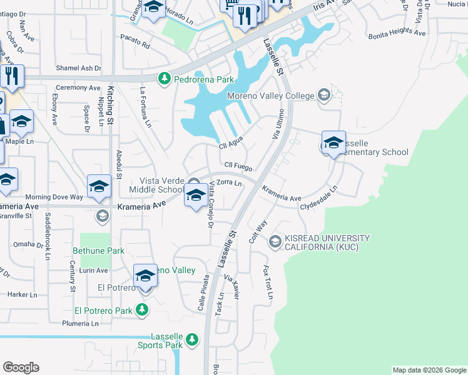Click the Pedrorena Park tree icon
tap(165, 79)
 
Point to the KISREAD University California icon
tap(275, 241)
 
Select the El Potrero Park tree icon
tap(143, 310)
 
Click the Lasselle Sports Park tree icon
tap(193, 339)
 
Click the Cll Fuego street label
tap(238, 167)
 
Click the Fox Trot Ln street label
tap(267, 282)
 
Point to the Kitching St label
tap(110, 100)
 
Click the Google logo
tap(21, 367)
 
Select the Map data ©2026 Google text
tap(429, 370)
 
